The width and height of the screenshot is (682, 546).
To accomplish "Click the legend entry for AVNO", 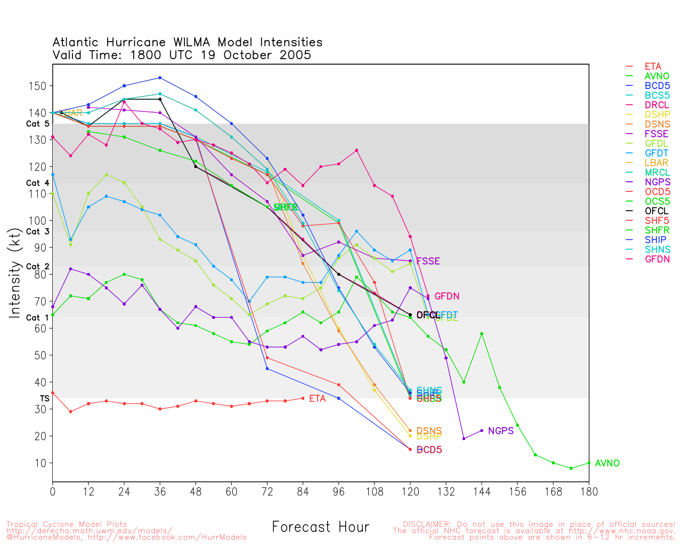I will point(656,76).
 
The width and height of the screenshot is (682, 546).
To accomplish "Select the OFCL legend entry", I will point(656,211).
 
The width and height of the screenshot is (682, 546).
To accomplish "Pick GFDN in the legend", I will point(657,259).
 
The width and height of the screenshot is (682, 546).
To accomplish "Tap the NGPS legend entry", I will point(657,182).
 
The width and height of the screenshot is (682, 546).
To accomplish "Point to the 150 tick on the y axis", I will point(40,86).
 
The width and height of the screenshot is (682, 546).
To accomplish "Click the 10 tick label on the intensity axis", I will point(41,463).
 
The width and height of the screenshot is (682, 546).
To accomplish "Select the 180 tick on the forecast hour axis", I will point(589,492).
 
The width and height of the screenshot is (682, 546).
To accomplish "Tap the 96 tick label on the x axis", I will point(339,492).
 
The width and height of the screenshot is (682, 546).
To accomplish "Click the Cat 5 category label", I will point(37,124).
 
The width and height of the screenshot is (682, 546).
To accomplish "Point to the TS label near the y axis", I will point(44,398).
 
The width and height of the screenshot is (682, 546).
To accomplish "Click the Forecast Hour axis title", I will point(320,527).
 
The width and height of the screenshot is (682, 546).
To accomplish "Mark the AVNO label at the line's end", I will point(607,463).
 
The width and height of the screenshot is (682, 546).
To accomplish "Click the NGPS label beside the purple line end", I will point(500,431).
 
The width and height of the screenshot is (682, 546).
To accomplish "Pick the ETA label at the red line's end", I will point(317,399).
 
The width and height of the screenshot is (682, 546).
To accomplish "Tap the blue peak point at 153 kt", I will point(160,78).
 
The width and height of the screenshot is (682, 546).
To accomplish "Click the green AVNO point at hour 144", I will point(482,334).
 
